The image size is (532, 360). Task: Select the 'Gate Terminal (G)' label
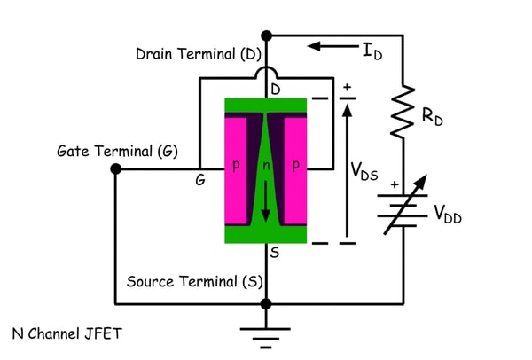116,151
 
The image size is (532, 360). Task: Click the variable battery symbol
406,209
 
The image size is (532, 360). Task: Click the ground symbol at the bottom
267,333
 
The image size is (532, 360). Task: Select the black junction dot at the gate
116,168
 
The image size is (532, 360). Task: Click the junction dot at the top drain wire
267,35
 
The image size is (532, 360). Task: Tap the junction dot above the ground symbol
267,303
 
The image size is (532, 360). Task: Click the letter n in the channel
266,167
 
